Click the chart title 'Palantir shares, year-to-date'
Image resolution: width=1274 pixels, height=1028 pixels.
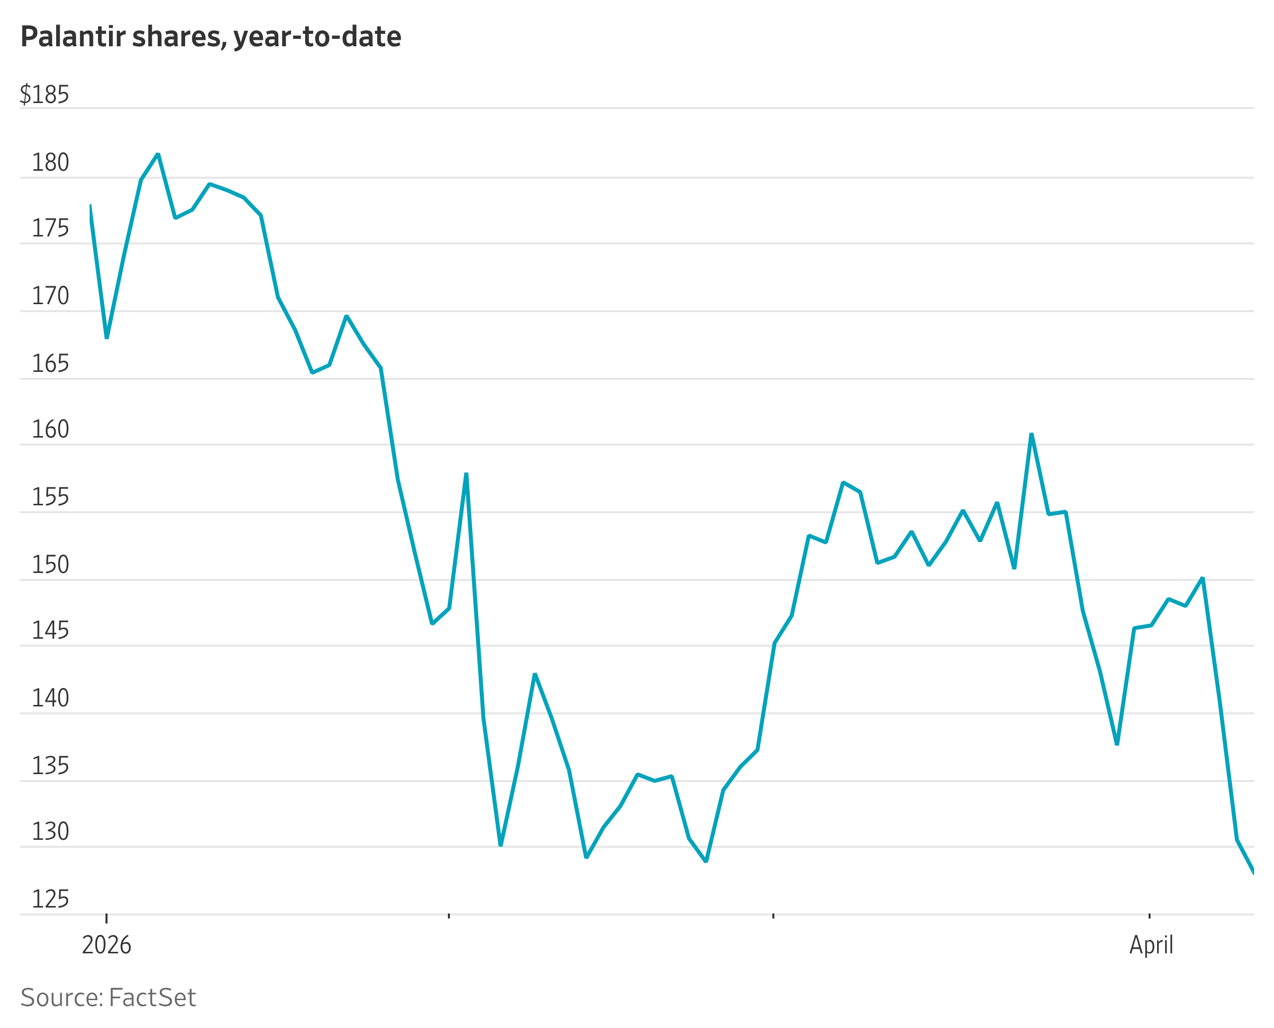[x=211, y=37]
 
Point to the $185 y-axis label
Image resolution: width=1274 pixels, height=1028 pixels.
[x=44, y=95]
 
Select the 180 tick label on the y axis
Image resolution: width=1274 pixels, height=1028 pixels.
[x=50, y=163]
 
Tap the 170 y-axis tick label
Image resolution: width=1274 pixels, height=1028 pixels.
[x=50, y=296]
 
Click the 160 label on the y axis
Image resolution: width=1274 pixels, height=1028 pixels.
[x=50, y=429]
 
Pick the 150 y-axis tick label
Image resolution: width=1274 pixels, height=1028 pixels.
[x=50, y=565]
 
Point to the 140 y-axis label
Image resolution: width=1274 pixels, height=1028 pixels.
[x=50, y=699]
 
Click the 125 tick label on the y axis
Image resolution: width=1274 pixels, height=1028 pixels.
[x=50, y=900]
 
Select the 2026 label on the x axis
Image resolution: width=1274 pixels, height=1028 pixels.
[x=106, y=945]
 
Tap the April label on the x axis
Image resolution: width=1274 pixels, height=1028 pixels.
[x=1152, y=945]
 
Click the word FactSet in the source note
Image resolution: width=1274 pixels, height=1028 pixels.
[x=152, y=998]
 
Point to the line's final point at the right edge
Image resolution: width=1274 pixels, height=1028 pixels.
[x=1253, y=872]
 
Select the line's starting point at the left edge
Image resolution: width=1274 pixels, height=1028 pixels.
[x=90, y=206]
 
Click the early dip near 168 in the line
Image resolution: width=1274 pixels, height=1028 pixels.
[x=106, y=338]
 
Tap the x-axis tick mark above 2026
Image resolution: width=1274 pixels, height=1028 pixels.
[x=106, y=917]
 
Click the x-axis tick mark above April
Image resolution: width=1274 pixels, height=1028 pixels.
[x=1150, y=916]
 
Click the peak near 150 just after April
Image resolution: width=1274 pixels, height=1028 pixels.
[x=1202, y=578]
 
